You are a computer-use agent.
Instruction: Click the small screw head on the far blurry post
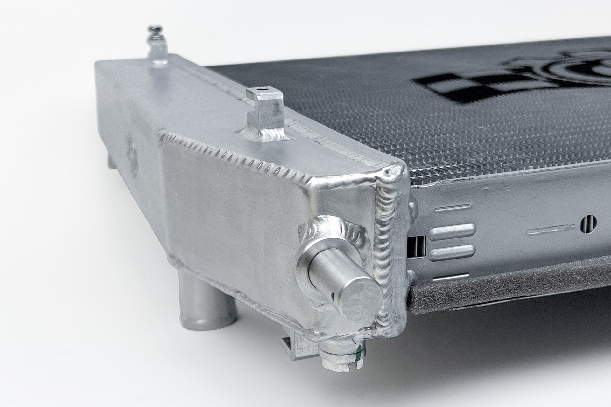(152, 30)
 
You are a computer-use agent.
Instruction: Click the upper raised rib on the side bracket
(452, 229)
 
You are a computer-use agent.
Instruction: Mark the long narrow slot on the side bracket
(551, 229)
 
